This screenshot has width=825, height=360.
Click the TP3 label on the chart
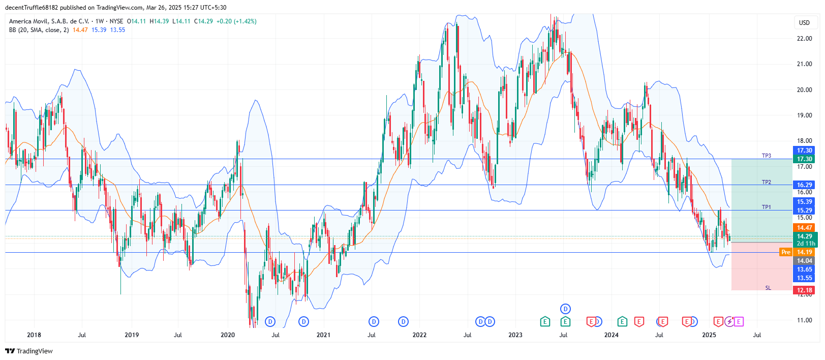click(766, 156)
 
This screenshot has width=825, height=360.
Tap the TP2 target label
click(766, 182)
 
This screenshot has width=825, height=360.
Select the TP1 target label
click(766, 207)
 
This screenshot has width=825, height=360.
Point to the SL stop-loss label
click(768, 288)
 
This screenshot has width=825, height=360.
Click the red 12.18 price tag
click(804, 290)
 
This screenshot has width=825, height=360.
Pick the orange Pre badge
click(786, 252)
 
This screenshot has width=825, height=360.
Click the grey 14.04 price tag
click(804, 261)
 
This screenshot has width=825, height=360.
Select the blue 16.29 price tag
click(804, 185)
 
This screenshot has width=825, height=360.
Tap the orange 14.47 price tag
click(804, 228)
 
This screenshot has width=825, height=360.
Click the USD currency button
click(804, 23)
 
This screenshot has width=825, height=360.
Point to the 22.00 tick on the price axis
click(804, 39)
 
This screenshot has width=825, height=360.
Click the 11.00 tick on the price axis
click(804, 320)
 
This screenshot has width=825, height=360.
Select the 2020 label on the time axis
click(228, 335)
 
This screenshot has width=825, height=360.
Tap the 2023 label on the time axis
click(515, 335)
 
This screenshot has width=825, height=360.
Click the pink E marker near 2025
click(739, 321)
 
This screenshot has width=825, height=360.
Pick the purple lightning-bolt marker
click(729, 321)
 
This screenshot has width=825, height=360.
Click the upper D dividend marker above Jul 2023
click(565, 309)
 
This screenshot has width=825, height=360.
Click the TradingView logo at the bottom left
click(29, 351)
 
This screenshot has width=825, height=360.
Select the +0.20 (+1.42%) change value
click(236, 21)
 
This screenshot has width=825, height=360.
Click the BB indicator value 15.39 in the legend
click(99, 30)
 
